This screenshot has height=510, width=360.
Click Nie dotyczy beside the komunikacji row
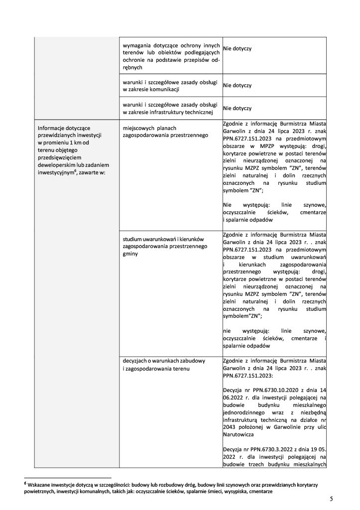pyautogui.click(x=238, y=86)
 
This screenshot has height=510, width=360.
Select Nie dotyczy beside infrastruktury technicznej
pyautogui.click(x=238, y=108)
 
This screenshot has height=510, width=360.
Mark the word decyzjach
pyautogui.click(x=136, y=361)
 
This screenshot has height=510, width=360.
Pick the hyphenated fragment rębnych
pyautogui.click(x=133, y=67)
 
